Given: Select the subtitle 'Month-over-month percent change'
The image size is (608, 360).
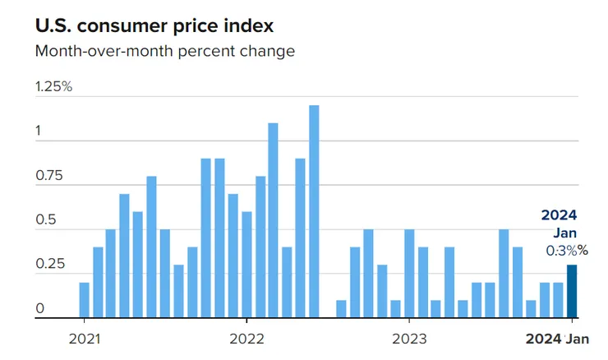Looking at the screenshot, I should coord(164,51).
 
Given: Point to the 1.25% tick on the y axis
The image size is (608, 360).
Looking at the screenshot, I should coord(53,87).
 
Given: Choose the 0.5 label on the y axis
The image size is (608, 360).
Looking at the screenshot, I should coord(44,220).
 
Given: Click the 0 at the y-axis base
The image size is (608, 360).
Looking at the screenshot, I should coord(39,309).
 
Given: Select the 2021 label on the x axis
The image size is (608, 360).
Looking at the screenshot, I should coord(84,338).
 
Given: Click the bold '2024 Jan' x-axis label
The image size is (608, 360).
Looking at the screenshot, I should coord(557,338).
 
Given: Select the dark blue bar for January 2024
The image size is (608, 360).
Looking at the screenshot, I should coord(572,291).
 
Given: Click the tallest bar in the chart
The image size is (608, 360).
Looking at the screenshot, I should coord(314,211).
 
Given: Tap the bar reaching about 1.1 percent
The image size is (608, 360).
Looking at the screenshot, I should coord(273,220).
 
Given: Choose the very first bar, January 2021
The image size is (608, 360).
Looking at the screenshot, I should coord(84,300).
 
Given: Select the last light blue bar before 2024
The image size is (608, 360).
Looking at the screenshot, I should coord(558,300).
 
